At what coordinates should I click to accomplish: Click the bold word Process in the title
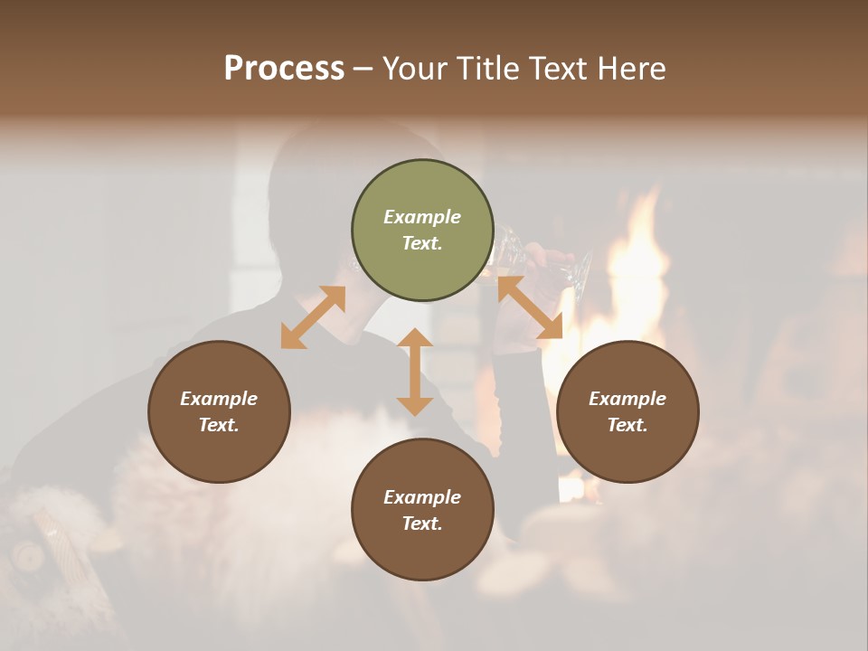tap(284, 69)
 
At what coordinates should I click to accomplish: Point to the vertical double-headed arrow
tap(415, 373)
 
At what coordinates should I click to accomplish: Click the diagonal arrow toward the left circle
tap(313, 317)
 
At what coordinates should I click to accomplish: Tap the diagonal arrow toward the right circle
tap(530, 308)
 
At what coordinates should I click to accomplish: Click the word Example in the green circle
tap(422, 217)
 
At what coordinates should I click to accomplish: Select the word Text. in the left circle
tap(219, 425)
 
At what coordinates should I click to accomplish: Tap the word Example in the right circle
tap(627, 399)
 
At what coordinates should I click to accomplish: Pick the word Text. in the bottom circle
tap(422, 524)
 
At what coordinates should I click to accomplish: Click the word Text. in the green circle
tap(422, 243)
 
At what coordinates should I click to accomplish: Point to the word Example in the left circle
tap(219, 399)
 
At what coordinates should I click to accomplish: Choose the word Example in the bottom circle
tap(422, 497)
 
